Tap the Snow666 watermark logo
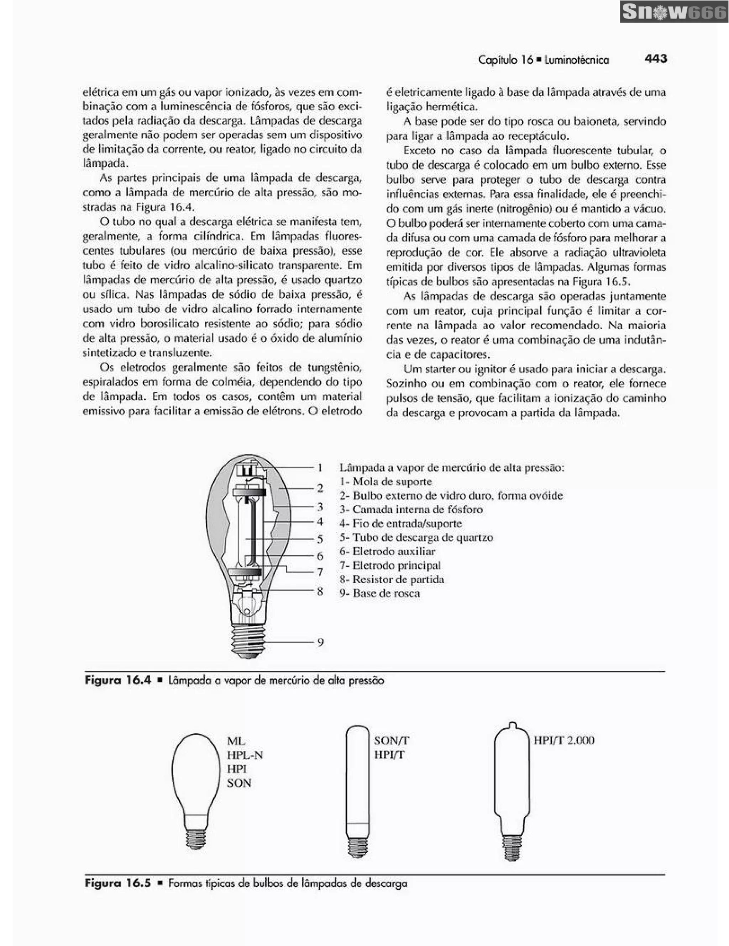[x=673, y=12]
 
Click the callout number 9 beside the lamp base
[x=320, y=642]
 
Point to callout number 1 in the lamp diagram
[x=320, y=467]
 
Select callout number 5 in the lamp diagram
[x=320, y=539]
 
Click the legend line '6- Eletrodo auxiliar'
[x=387, y=551]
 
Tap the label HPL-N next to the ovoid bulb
[x=245, y=755]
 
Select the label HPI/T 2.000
[x=563, y=740]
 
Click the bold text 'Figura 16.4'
[x=118, y=680]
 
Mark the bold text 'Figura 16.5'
[x=118, y=883]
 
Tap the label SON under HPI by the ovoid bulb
[x=239, y=783]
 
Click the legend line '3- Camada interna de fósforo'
[x=411, y=509]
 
